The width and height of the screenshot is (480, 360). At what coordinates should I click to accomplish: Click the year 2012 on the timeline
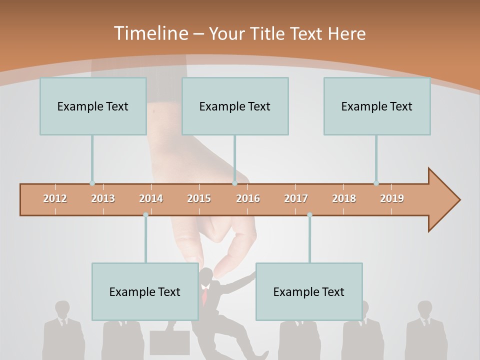point(55,198)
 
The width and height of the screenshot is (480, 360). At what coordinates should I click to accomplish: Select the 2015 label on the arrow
point(199,198)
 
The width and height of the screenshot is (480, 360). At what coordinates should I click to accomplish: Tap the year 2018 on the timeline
point(344,198)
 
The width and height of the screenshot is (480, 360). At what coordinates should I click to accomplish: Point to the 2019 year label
point(392,198)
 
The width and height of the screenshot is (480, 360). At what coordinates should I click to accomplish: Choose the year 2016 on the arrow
point(248,198)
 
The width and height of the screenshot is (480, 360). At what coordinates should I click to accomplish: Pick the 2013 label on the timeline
point(103,198)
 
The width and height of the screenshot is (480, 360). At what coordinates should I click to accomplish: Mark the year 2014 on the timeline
point(151,198)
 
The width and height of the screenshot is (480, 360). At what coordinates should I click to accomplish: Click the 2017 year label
point(296,198)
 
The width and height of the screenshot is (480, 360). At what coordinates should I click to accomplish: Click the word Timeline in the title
point(150,33)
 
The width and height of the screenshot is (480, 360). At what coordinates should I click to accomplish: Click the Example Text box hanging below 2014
point(145,291)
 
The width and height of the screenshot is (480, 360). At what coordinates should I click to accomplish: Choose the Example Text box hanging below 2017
point(309,291)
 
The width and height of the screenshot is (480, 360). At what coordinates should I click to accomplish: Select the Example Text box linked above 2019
point(377,106)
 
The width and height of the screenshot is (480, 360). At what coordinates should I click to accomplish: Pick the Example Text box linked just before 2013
point(93,106)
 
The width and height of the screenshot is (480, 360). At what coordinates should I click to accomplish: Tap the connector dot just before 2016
point(234,183)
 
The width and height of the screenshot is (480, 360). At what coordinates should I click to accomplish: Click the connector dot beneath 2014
point(145,215)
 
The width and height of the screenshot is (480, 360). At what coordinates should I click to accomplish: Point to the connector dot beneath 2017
point(309,215)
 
